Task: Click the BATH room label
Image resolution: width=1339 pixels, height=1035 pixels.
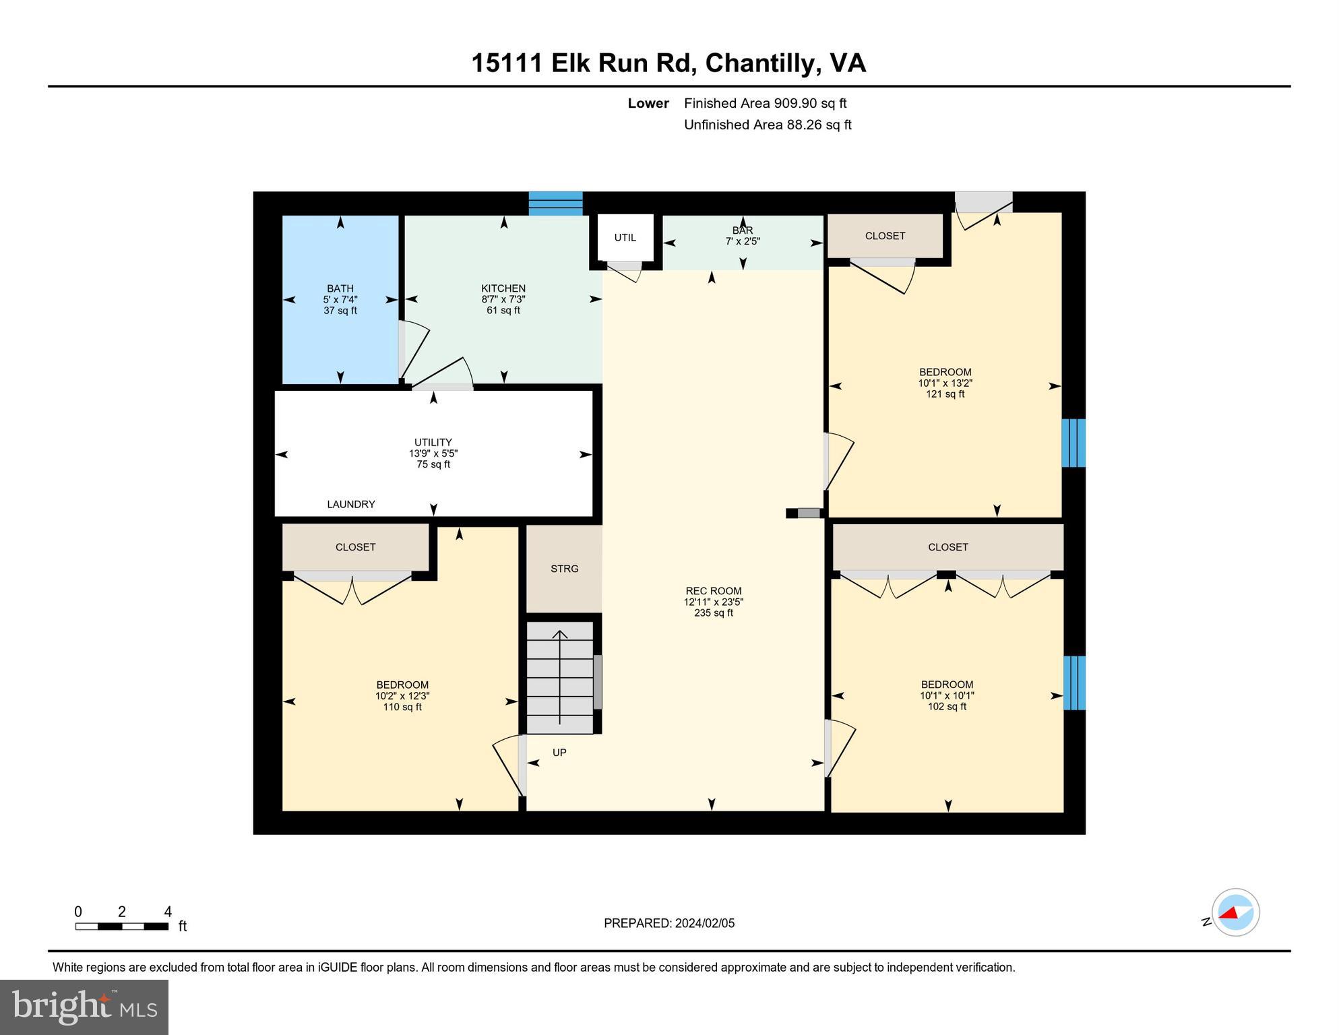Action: click(x=340, y=288)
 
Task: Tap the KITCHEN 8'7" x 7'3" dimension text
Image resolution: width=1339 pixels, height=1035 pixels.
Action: click(x=503, y=299)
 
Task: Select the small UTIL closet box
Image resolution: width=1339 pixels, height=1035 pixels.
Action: click(x=625, y=237)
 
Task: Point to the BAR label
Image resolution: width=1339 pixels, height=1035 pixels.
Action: click(x=742, y=230)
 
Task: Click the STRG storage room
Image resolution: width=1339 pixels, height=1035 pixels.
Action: click(x=564, y=569)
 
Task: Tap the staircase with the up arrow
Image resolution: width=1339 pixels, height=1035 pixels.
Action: click(x=560, y=677)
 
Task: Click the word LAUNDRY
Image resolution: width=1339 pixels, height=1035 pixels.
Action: click(x=350, y=504)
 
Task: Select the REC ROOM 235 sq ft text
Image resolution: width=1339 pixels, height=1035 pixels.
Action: click(x=713, y=613)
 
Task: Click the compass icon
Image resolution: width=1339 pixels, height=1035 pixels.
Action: click(x=1235, y=912)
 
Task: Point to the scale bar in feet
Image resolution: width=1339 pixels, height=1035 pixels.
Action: click(x=122, y=926)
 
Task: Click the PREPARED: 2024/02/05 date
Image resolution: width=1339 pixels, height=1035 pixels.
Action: click(x=668, y=923)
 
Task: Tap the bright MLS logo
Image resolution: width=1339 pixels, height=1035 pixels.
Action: click(x=84, y=1007)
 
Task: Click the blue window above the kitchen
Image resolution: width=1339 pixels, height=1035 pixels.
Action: click(x=555, y=203)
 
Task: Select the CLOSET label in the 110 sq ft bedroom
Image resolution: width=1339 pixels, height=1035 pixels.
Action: click(x=355, y=547)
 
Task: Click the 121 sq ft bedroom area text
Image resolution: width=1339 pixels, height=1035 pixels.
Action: click(x=945, y=394)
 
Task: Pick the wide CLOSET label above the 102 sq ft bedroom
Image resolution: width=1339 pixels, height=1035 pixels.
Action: click(x=947, y=547)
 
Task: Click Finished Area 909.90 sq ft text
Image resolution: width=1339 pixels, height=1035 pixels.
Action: click(x=765, y=103)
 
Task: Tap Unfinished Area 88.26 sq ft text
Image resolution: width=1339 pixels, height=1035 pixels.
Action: click(x=768, y=125)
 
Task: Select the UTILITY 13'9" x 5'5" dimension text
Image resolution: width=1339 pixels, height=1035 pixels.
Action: click(x=433, y=453)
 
